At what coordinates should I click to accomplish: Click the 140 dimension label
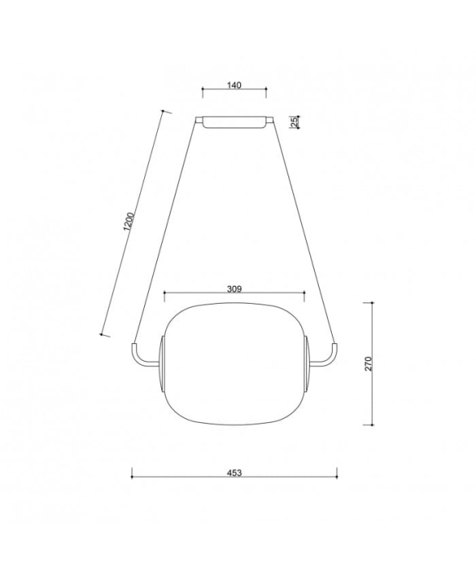coord(234,85)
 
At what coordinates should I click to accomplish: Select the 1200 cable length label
coord(129,221)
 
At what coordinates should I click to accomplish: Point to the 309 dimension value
coord(234,289)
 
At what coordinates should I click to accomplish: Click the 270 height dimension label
coord(368,363)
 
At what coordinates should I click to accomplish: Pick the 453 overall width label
coord(234,473)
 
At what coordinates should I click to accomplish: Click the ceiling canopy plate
coord(234,122)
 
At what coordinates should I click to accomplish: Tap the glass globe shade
coord(234,363)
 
